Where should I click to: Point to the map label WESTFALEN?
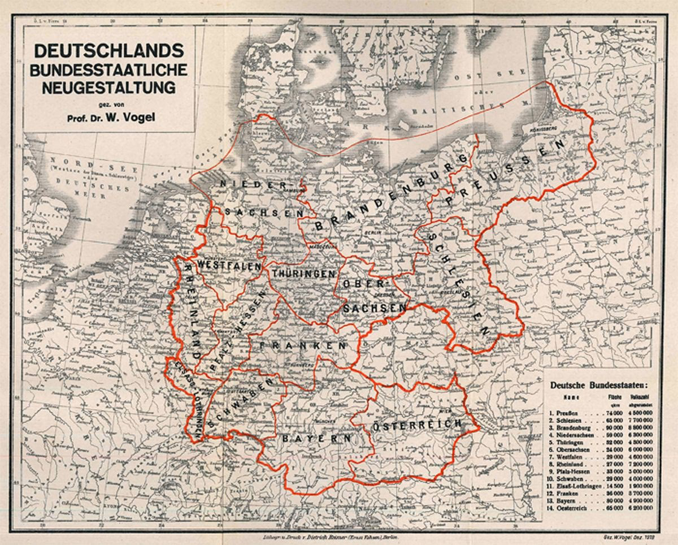pyautogui.click(x=228, y=265)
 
